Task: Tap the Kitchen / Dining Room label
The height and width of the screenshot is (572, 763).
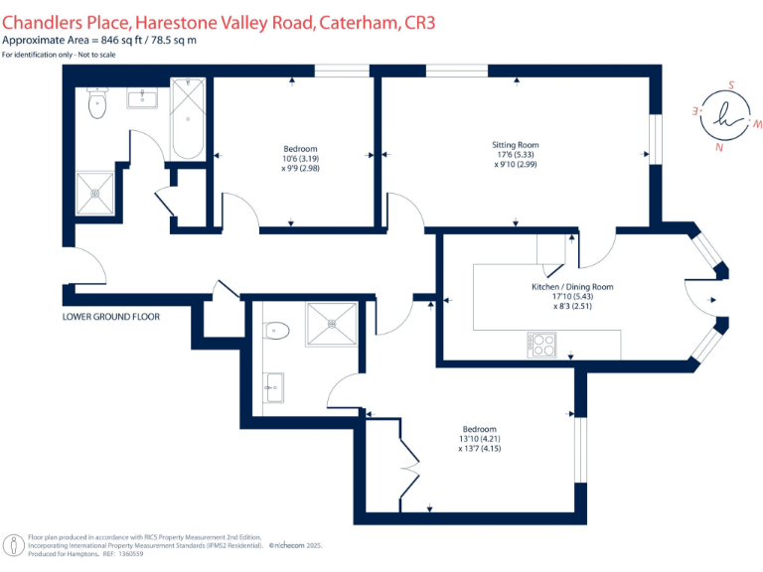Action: (572, 287)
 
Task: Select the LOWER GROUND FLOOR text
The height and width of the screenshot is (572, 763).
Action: (111, 317)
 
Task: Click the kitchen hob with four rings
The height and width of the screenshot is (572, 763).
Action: (543, 345)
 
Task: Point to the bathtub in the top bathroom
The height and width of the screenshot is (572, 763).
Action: (188, 119)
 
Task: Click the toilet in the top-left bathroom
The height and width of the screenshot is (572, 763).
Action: (97, 103)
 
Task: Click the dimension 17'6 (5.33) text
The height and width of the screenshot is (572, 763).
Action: (515, 155)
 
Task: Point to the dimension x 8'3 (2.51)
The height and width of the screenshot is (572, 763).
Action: (572, 307)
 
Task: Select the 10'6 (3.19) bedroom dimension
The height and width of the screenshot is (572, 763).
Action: (301, 159)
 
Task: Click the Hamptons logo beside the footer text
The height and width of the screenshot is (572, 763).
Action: (15, 546)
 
